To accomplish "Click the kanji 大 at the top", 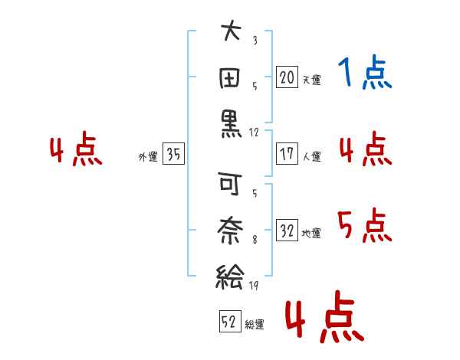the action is point(232,30).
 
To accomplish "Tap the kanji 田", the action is point(230,78).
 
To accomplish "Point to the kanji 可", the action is point(230,183).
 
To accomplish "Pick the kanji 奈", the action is point(230,230).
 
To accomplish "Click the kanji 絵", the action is point(230,277).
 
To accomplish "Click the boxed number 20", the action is point(287,77).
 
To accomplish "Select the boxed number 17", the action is point(287,154).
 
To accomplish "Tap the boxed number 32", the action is point(287,230).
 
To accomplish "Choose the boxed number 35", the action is point(173,153).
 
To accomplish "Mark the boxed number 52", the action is point(230,321).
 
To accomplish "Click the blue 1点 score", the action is point(365,71).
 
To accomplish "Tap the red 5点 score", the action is point(365,225).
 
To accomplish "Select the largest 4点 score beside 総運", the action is point(325,316).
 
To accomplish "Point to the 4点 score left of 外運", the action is point(76,149).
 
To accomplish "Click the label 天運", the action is point(312,80).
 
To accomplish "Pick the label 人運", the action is point(312,156).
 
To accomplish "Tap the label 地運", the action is point(311,233).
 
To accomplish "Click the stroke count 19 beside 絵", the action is point(254,286).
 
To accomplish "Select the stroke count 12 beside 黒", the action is point(254,133).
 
